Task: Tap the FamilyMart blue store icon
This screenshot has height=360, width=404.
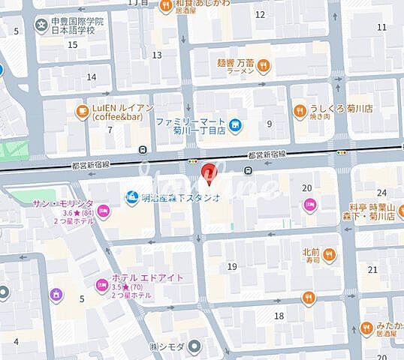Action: [x=236, y=124]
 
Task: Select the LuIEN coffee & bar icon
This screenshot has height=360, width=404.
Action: [x=81, y=112]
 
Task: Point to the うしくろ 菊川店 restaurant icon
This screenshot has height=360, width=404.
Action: [x=299, y=112]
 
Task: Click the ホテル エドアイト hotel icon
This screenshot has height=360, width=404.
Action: [x=101, y=285]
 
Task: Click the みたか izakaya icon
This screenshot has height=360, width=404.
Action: [x=366, y=327]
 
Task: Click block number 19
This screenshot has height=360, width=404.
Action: [x=232, y=266]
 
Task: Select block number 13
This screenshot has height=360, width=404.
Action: [x=156, y=55]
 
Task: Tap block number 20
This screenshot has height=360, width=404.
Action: [x=306, y=188]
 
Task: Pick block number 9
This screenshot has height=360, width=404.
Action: [x=269, y=124]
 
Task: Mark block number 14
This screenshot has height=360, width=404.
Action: [x=92, y=76]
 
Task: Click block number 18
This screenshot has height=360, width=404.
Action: [x=279, y=316]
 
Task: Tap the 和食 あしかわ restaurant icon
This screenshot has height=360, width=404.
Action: [x=165, y=6]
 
